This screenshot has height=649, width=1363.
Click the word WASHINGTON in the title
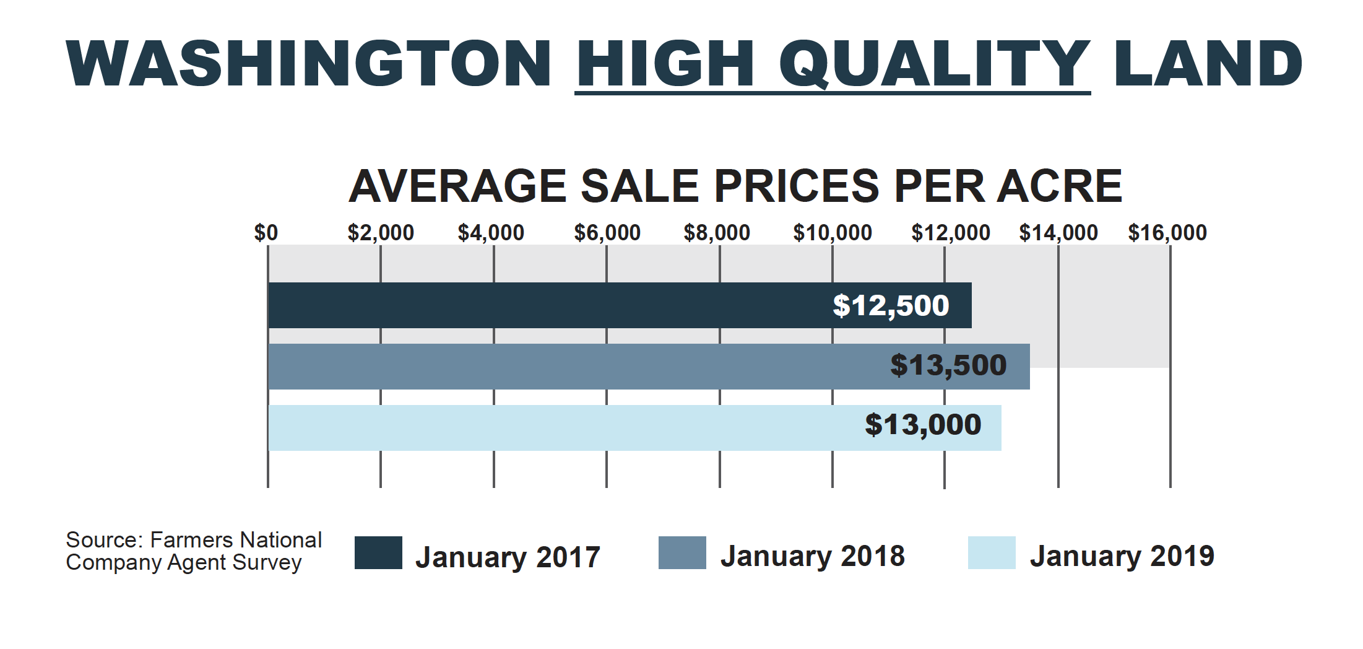[308, 64]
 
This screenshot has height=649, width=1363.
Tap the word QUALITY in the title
[935, 64]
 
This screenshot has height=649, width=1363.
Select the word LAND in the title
[1208, 64]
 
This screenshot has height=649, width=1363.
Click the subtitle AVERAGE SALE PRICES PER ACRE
[735, 186]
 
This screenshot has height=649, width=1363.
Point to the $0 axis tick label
[266, 233]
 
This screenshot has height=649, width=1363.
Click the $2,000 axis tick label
[381, 233]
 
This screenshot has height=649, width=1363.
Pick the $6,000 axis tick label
[607, 233]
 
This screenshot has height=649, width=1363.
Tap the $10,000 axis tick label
[833, 233]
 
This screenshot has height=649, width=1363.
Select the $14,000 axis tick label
[1058, 233]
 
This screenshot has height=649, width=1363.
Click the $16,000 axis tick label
[1167, 233]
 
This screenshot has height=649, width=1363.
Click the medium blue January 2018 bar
[557, 367]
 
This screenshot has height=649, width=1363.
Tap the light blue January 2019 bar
[557, 428]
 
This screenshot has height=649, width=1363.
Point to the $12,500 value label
[891, 305]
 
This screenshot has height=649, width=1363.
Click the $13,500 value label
[948, 365]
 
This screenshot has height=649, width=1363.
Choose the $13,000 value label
[923, 425]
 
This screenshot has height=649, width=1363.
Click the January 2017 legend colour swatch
[378, 552]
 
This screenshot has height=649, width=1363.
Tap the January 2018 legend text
[812, 556]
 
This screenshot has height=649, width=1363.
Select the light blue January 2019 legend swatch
[992, 552]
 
